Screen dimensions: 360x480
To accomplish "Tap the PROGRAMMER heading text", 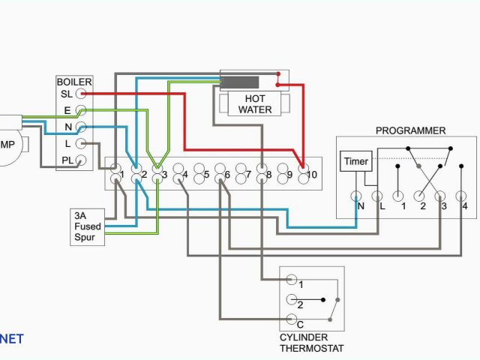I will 410,130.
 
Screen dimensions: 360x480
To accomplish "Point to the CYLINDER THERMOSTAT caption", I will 311,343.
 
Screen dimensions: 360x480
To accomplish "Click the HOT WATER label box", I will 256,104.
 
